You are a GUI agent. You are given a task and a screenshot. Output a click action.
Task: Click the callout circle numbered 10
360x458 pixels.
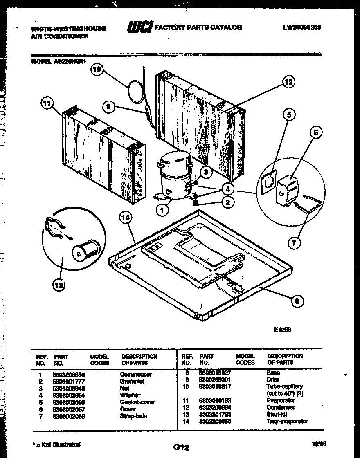tap(97, 70)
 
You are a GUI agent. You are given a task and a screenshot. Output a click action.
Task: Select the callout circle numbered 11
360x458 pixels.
tap(47, 104)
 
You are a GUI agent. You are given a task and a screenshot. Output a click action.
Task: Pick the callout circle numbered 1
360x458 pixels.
tap(163, 211)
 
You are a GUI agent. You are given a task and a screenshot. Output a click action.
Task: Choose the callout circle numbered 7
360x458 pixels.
tap(294, 243)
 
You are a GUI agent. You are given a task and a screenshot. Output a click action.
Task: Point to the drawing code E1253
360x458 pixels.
tap(283, 328)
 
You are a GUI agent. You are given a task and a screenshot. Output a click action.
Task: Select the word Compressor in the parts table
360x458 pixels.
tap(135, 374)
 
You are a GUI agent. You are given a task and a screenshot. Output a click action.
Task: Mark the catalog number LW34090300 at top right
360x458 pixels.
tap(301, 28)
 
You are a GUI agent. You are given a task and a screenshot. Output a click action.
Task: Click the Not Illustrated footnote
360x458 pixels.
tap(56, 444)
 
